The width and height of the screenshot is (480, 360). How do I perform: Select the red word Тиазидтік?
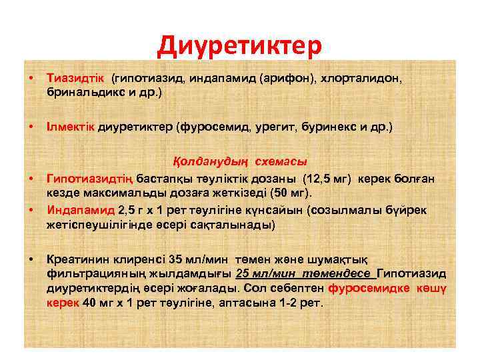coord(76,79)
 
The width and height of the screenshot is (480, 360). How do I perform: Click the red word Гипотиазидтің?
coord(91,179)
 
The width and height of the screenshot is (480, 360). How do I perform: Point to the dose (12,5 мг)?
coord(329,179)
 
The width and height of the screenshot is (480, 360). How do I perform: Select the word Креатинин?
coord(79,259)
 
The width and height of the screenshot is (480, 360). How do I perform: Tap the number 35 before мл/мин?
coord(176,259)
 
